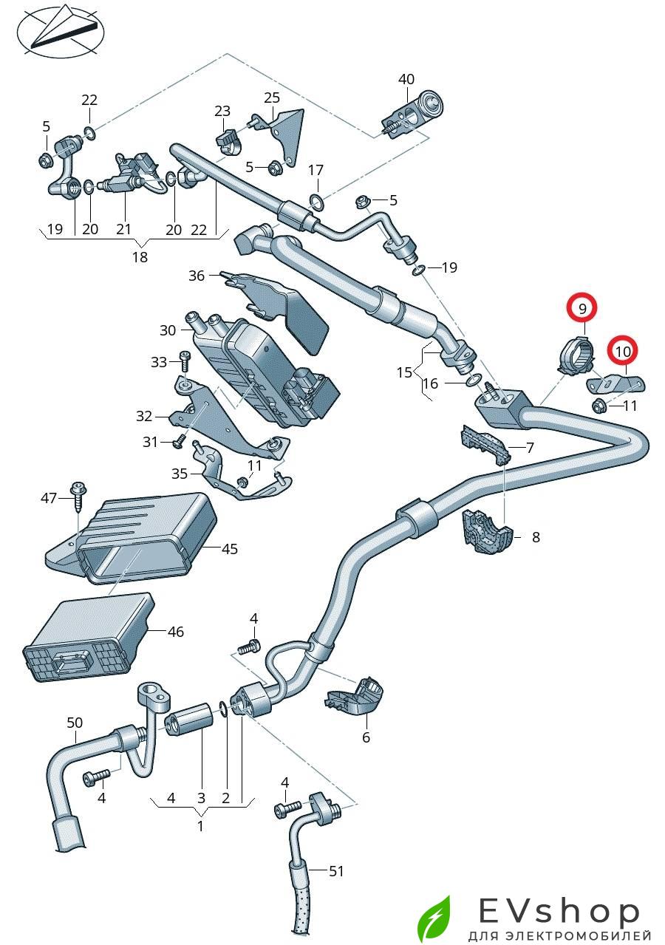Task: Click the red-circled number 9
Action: [582, 307]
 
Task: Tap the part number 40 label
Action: [406, 80]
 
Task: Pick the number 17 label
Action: [316, 170]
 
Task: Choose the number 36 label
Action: [196, 276]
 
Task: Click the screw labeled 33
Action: [184, 362]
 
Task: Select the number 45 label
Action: [230, 549]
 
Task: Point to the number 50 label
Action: [75, 722]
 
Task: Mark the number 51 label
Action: [336, 872]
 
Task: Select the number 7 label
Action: [530, 448]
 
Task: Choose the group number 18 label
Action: [140, 257]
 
